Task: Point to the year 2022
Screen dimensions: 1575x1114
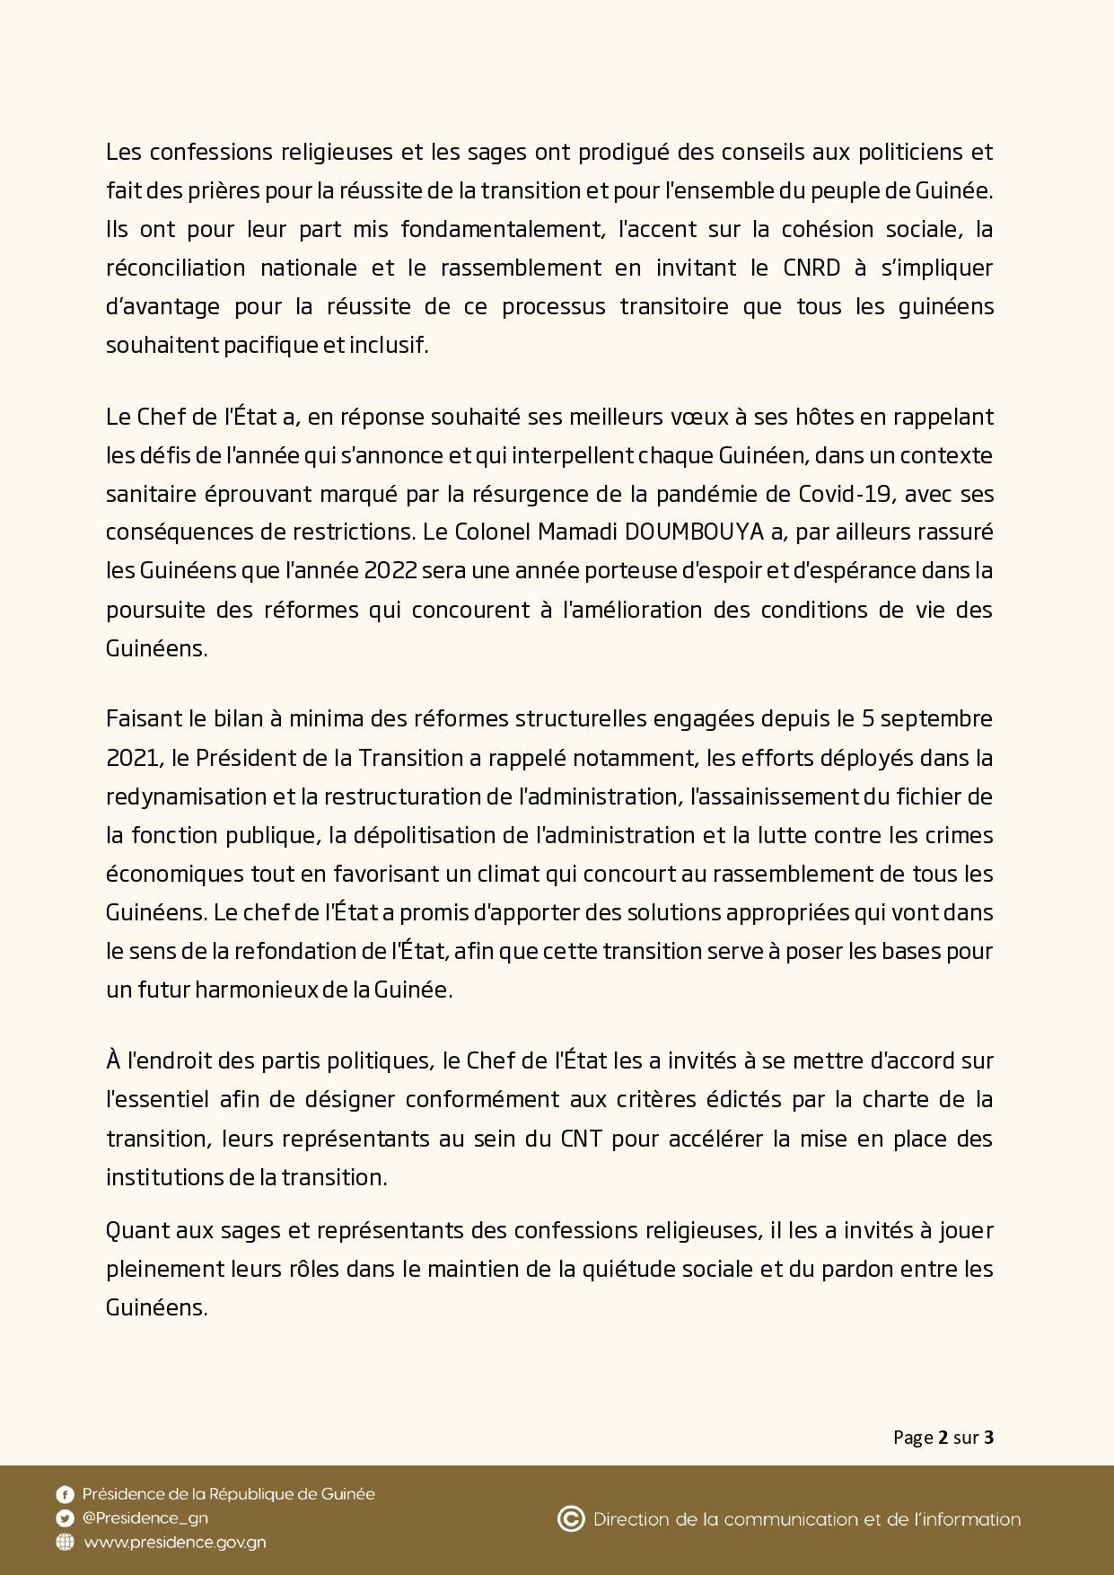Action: tap(390, 571)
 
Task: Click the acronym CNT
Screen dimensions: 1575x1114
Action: tap(581, 1139)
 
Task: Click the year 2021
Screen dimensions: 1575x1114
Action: tap(132, 758)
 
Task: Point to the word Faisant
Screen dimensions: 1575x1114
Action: tap(138, 719)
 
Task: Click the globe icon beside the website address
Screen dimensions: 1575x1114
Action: tap(65, 1543)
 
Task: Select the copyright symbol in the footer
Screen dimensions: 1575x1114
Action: tap(571, 1519)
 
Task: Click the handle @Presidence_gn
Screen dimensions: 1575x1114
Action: tap(145, 1518)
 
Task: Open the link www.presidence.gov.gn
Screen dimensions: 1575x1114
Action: tap(175, 1543)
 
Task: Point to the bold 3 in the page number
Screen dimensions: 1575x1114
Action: tap(988, 1438)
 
